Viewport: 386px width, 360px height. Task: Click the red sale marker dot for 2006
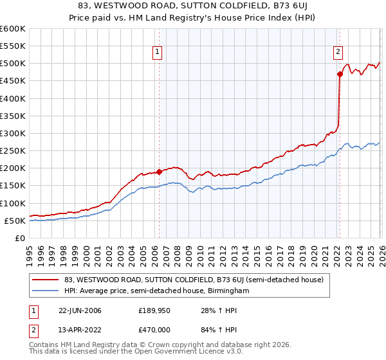point(159,172)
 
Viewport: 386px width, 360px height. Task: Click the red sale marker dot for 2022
point(339,74)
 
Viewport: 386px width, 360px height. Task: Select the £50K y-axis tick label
point(15,221)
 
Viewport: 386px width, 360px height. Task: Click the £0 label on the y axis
point(21,238)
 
